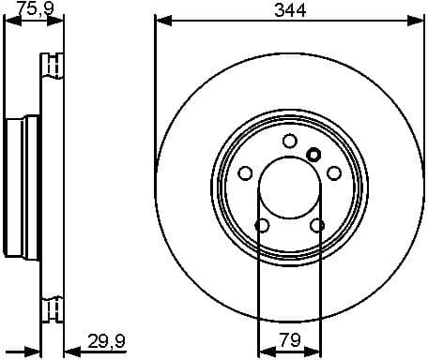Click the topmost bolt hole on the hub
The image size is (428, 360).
290,141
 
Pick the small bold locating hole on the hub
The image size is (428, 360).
313,156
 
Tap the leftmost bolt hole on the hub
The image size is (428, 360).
246,172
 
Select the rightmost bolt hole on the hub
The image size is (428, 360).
334,172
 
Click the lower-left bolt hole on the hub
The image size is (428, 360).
263,225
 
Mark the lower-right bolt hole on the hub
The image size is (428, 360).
317,225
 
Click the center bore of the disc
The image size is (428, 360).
290,187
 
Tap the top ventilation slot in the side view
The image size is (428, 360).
52,67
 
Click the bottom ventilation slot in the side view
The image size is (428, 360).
52,308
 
